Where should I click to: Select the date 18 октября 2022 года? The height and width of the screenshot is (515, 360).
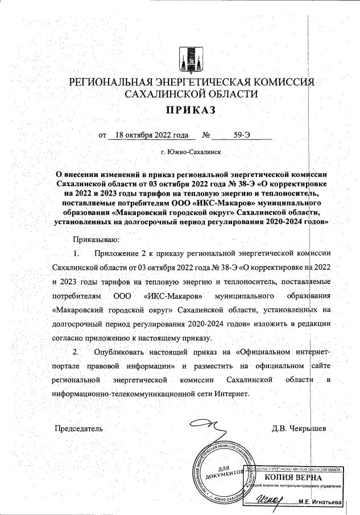pos(151,136)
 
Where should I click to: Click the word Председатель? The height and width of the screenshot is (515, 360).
pos(78,427)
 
